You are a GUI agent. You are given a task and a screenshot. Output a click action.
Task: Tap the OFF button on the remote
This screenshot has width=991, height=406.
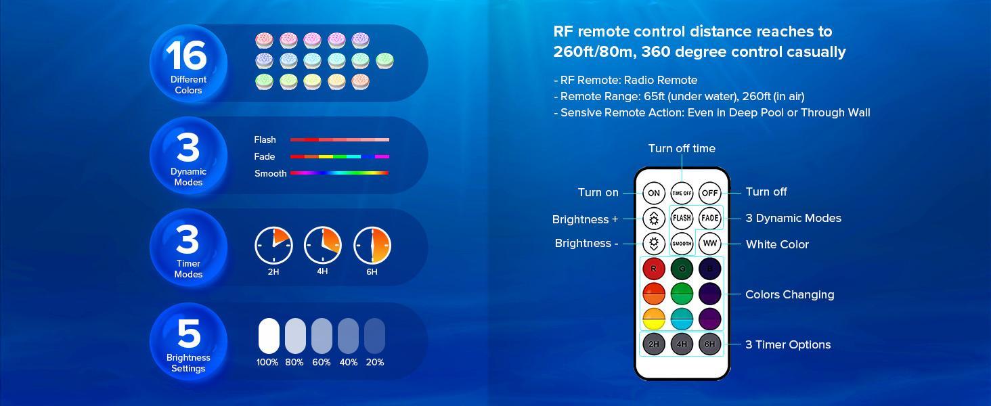pos(709,193)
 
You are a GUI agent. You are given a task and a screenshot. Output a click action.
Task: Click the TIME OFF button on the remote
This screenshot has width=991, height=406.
pos(682,193)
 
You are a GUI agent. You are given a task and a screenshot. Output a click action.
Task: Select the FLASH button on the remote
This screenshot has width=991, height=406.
pos(682,218)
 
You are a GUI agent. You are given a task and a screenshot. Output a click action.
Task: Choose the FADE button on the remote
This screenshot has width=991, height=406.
pos(709,218)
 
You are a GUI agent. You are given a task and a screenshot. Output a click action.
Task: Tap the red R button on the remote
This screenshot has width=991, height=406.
pos(654,269)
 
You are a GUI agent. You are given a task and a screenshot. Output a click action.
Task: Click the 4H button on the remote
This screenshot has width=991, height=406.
pos(682,344)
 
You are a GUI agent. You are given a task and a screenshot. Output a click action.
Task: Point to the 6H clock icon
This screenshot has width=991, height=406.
pos(372,245)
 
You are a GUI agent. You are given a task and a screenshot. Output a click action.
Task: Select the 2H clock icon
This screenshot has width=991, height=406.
pos(273,245)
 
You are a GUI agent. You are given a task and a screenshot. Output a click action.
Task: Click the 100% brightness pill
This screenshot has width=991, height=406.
pos(269,336)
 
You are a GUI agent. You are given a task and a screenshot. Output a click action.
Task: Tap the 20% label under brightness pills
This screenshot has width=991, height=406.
pos(375,362)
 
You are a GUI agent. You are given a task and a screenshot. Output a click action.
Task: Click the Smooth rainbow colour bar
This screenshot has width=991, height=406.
pos(339,173)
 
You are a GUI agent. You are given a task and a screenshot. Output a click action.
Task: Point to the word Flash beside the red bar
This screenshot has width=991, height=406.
pos(265,140)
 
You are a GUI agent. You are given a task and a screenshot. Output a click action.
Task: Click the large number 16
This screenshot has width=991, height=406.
pos(186,55)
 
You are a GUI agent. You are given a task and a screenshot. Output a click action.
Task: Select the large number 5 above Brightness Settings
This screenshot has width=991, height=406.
pos(189,333)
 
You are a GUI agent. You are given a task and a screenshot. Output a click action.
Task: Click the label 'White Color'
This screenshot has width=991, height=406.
pos(777,244)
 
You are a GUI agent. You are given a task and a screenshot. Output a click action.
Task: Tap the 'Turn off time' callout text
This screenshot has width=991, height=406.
pos(682,148)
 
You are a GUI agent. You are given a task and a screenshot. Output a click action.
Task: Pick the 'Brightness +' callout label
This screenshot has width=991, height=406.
pos(585,219)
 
